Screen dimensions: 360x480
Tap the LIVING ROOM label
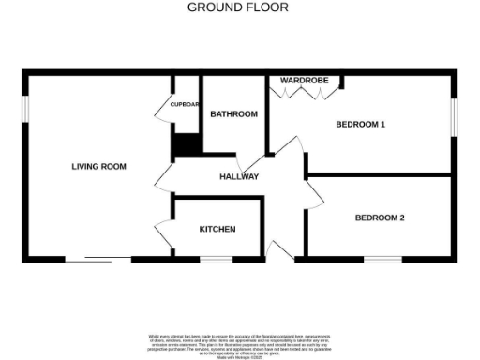[x=98, y=167]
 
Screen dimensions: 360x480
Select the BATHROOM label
[x=233, y=114]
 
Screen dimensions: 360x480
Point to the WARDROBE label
[x=304, y=81]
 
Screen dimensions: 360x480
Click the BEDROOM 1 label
[x=361, y=125]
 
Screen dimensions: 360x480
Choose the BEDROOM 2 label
[x=379, y=218]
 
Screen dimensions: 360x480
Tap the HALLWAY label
[x=239, y=176]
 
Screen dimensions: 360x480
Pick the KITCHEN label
[x=217, y=230]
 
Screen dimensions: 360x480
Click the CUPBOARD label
[x=185, y=105]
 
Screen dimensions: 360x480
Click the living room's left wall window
[x=25, y=110]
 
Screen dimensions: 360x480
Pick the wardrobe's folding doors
[x=303, y=90]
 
